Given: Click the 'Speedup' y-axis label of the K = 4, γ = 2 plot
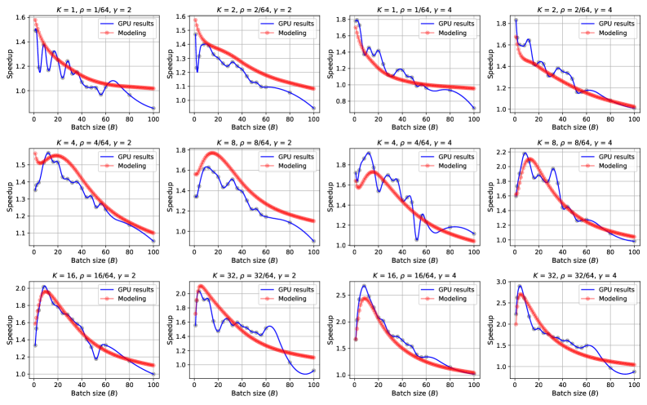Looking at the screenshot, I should pyautogui.click(x=10, y=198).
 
